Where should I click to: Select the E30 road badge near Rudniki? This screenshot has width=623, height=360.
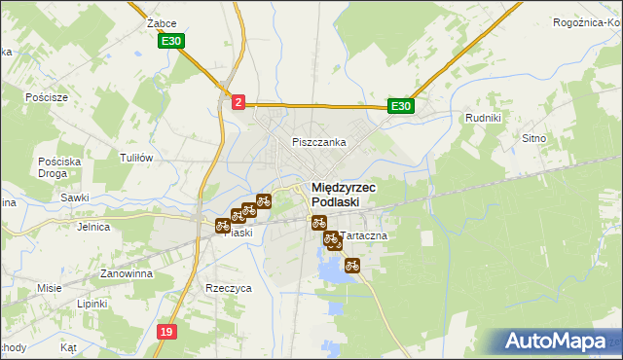[x=400, y=106]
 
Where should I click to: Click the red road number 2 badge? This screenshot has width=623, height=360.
[x=238, y=100]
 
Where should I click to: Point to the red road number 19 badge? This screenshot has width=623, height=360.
[x=166, y=332]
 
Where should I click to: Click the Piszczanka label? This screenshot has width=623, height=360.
[x=319, y=142]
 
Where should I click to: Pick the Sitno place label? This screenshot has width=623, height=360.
[x=561, y=139]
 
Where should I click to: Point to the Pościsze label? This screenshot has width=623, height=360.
[x=47, y=97]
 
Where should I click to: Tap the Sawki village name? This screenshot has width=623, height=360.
[x=75, y=198]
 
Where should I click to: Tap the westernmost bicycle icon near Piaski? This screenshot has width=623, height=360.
[x=223, y=226]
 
